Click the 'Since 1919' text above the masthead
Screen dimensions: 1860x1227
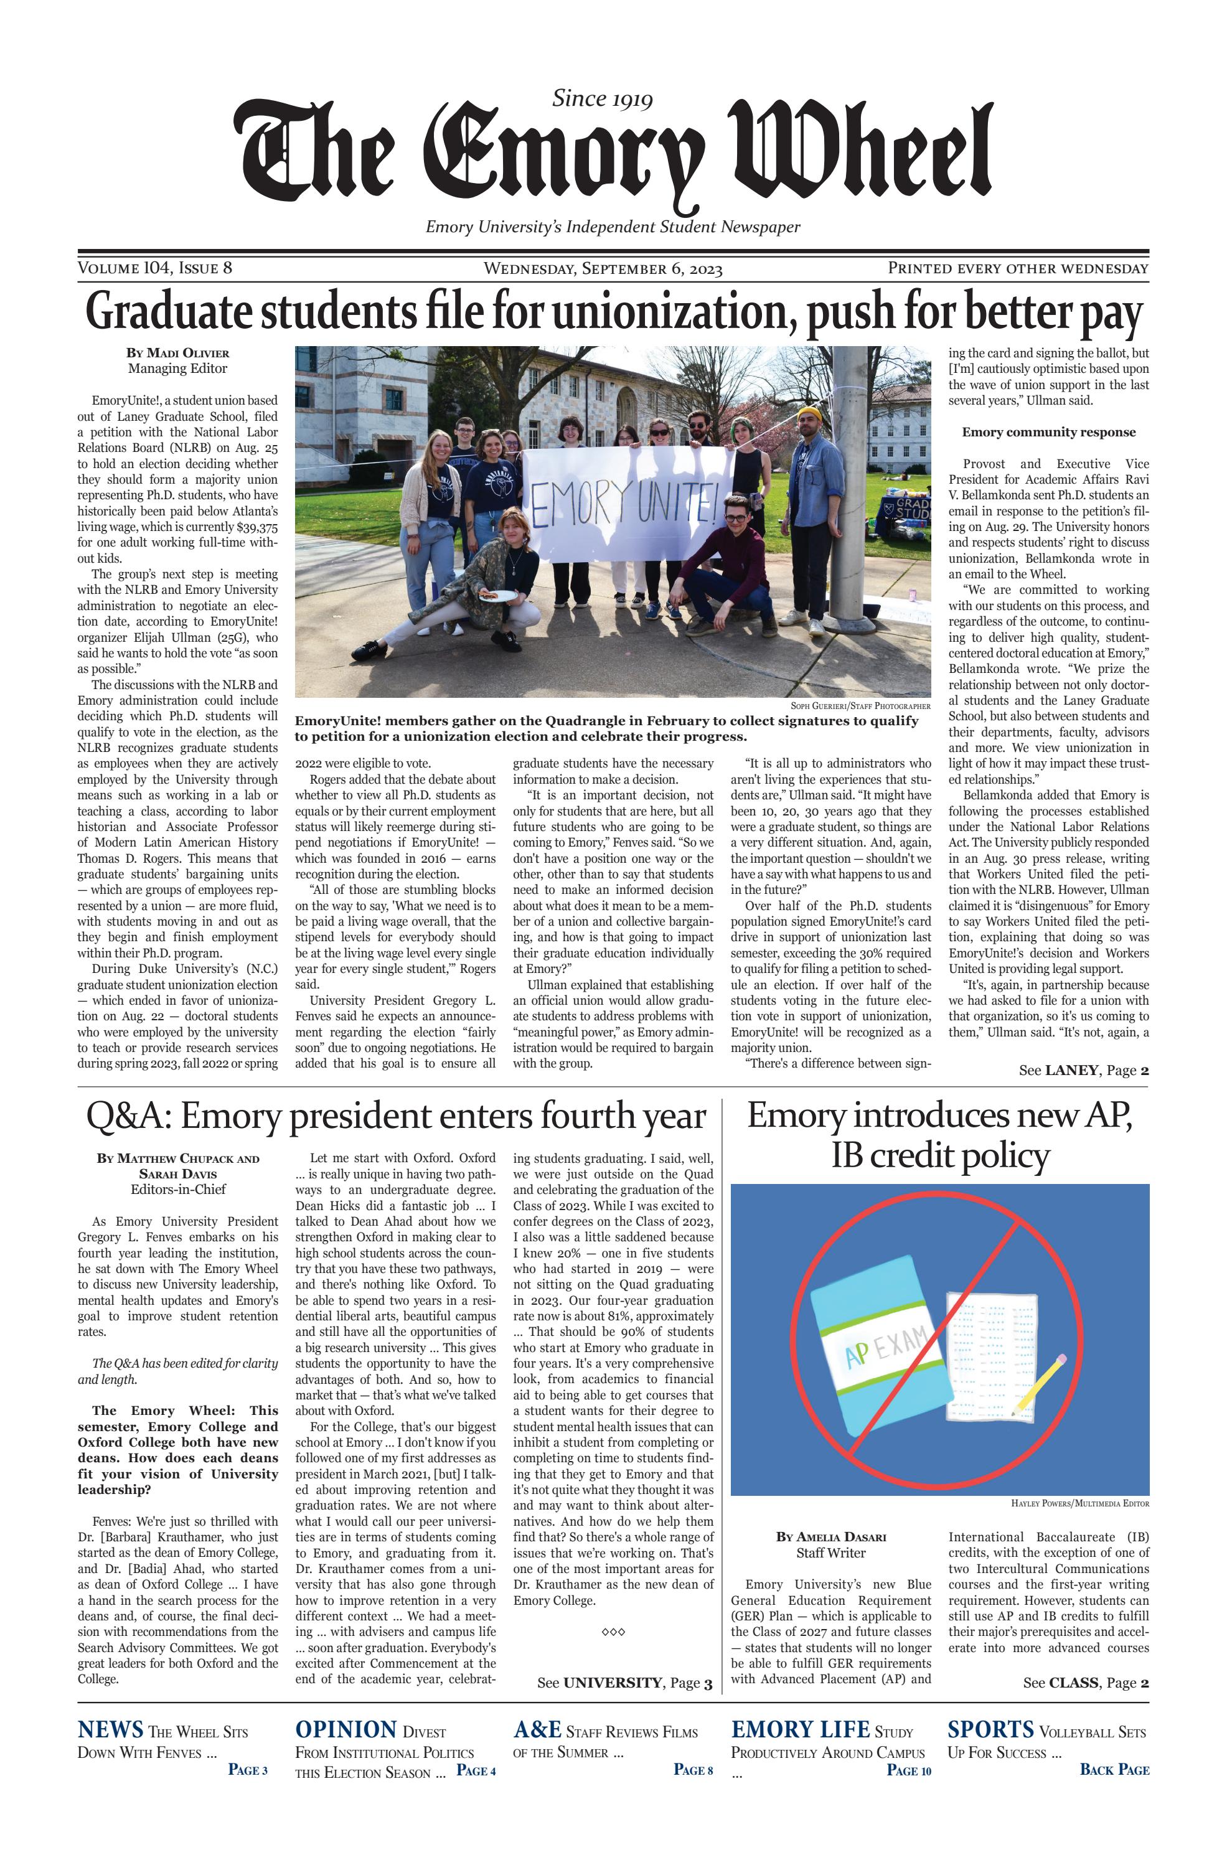point(602,98)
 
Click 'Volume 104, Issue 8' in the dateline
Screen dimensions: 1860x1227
point(155,268)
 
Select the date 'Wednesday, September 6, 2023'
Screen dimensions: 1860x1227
point(603,269)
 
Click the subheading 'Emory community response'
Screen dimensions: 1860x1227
point(1048,432)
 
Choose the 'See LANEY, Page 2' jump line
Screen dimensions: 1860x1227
point(1083,1071)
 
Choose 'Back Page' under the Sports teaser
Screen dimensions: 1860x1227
point(1114,1769)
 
